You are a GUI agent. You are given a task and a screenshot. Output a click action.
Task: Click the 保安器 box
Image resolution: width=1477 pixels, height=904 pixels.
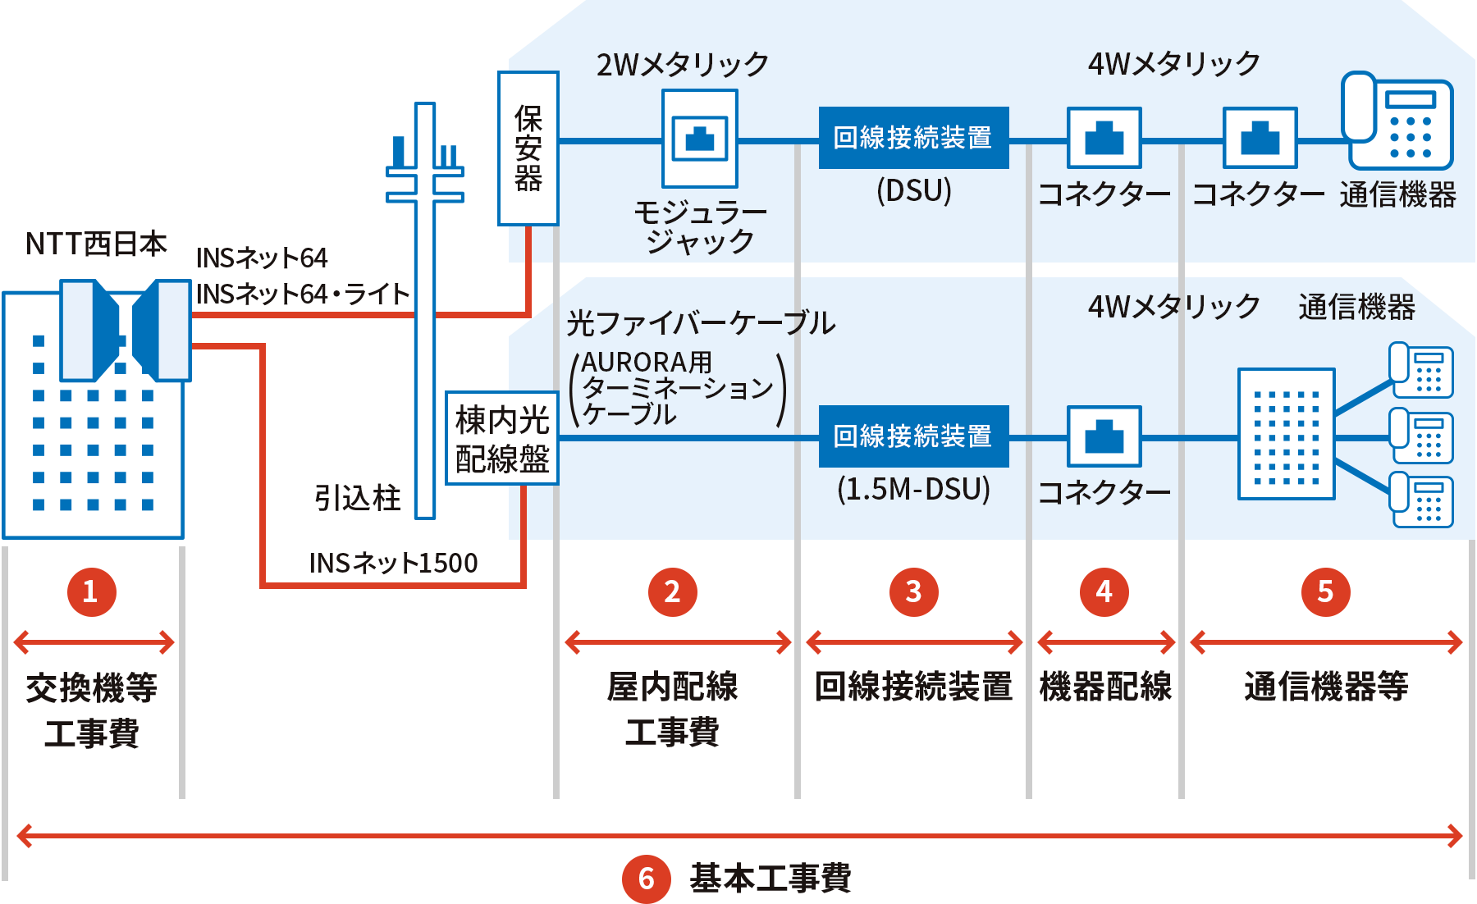point(528,148)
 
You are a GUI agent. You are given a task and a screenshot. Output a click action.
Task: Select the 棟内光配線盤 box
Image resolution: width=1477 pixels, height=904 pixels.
point(502,439)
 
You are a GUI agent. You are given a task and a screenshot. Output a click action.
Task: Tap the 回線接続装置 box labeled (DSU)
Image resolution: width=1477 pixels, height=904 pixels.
point(913,138)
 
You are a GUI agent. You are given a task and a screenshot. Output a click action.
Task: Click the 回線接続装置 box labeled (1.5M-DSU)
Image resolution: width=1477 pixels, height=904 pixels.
point(913,436)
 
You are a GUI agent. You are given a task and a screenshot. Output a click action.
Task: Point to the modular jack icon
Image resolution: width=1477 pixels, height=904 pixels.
point(700,139)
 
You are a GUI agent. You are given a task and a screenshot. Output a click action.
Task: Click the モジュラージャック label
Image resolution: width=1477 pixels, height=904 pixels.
point(700,227)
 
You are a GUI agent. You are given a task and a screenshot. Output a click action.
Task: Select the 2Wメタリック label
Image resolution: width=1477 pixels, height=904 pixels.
point(682,64)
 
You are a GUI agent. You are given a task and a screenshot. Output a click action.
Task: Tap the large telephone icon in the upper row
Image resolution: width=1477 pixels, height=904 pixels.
point(1397,121)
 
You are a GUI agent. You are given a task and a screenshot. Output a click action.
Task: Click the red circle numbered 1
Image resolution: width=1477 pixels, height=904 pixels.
point(90,591)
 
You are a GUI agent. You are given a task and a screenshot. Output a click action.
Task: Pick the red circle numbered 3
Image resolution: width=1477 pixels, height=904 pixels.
point(913,591)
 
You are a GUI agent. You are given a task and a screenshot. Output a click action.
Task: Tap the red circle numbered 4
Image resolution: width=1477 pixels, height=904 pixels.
point(1104,591)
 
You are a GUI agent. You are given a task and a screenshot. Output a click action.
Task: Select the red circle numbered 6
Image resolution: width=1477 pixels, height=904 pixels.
point(647,879)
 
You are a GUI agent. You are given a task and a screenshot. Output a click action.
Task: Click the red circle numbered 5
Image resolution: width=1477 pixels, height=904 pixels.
point(1325,591)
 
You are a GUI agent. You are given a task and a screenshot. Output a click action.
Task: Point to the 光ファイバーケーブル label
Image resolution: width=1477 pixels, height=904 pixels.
point(700,323)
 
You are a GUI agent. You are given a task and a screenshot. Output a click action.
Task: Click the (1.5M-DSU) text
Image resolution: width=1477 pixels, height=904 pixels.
point(913,490)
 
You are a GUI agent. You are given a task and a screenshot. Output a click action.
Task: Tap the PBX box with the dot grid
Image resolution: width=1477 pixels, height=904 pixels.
point(1286,434)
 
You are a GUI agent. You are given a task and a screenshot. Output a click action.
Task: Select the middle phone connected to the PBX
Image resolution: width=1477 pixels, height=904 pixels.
point(1422,437)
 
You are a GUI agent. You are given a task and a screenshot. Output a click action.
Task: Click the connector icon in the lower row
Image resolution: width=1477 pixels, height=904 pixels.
point(1104,436)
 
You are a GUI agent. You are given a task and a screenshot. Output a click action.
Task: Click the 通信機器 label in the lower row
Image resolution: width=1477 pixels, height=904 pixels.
point(1356,307)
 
